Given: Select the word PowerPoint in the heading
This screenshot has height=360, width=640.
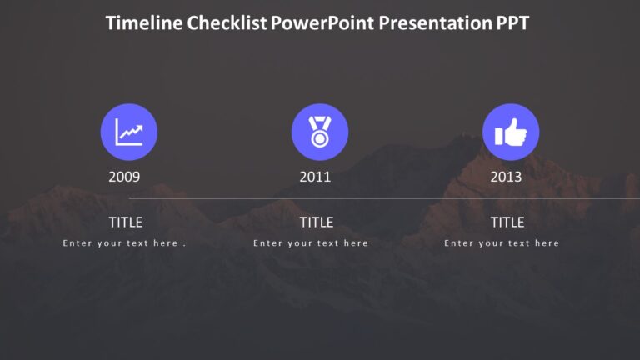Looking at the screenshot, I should point(322,23).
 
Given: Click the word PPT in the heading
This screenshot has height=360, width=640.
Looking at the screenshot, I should point(509,23).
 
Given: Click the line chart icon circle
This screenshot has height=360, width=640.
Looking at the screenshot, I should point(129,132).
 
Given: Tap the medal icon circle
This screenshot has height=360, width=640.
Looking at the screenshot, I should point(320,132).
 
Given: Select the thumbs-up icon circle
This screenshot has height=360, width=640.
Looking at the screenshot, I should point(511,132).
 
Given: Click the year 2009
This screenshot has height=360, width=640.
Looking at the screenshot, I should point(124,177).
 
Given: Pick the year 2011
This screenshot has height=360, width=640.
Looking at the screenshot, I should point(315,177).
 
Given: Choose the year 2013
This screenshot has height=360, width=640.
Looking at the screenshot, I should point(506,177).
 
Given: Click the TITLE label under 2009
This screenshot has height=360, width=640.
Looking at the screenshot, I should point(126,222).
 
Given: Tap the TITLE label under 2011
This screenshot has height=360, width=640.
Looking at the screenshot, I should point(317,222).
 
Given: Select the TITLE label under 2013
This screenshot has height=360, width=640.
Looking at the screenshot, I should point(507,222).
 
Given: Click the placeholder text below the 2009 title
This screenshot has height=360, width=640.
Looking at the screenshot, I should point(124,243).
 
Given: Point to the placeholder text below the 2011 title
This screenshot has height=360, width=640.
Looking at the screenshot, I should point(311,243).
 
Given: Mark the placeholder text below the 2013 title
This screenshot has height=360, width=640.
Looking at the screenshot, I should point(502,243).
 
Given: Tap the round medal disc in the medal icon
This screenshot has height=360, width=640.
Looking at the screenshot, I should point(320,138).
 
